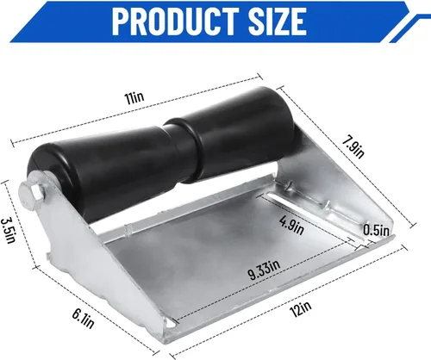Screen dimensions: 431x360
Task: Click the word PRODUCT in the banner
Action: coord(175,22)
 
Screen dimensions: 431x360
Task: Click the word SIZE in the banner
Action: coord(278,22)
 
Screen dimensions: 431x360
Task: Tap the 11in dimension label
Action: coord(134,98)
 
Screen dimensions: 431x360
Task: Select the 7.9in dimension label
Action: coord(353,147)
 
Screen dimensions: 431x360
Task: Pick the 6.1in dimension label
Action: coord(83,318)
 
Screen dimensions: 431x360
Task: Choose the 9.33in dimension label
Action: coord(264,270)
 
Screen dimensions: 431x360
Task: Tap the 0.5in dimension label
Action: coord(376,230)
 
